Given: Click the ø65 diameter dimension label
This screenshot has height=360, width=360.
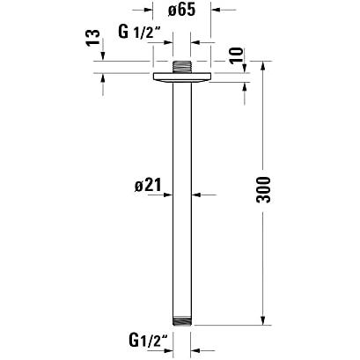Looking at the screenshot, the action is (181, 11).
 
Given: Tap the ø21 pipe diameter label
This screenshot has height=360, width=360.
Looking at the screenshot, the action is (148, 185).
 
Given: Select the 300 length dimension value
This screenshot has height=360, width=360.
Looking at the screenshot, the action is (263, 189).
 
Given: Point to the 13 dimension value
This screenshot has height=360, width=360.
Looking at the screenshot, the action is (93, 38).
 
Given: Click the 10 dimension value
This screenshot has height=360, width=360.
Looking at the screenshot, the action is (237, 55).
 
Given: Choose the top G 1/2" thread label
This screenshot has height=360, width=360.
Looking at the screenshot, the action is (141, 32).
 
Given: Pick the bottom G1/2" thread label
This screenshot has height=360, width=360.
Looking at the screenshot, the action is (148, 341).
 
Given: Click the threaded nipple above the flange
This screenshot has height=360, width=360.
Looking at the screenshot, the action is (182, 67).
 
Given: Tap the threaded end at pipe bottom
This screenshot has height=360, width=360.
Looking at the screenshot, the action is (182, 320).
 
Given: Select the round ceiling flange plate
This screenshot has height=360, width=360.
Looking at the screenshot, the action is (182, 77).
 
